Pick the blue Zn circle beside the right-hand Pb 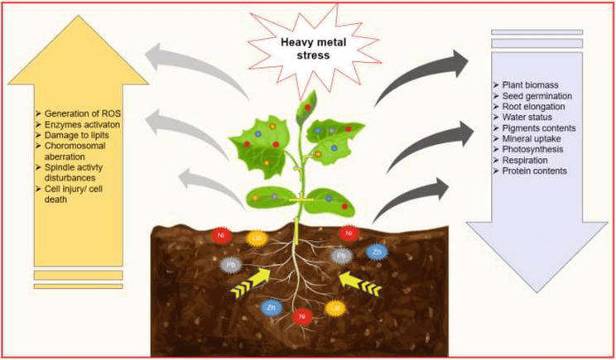pos(377,250)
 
